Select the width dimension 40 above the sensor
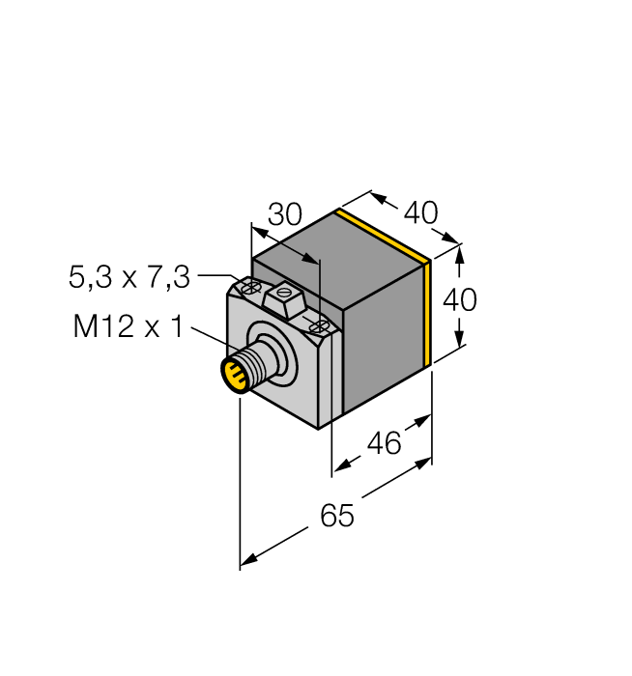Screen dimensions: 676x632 coord(420,212)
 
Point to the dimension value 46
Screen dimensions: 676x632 coord(385,444)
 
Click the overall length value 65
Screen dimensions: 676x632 coord(337,517)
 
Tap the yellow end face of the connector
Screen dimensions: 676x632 coord(232,375)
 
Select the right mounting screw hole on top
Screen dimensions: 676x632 coord(317,327)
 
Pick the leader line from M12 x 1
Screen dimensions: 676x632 coord(215,339)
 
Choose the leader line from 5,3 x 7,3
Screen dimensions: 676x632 coord(217,277)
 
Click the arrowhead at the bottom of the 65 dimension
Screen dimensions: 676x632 coord(247,559)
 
